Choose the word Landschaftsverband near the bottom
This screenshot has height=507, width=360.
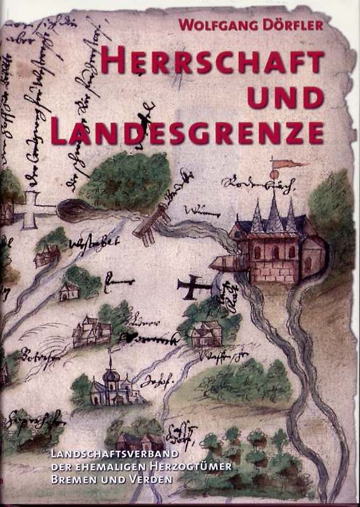tap(113, 456)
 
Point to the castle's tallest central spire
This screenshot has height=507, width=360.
tap(274, 206)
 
